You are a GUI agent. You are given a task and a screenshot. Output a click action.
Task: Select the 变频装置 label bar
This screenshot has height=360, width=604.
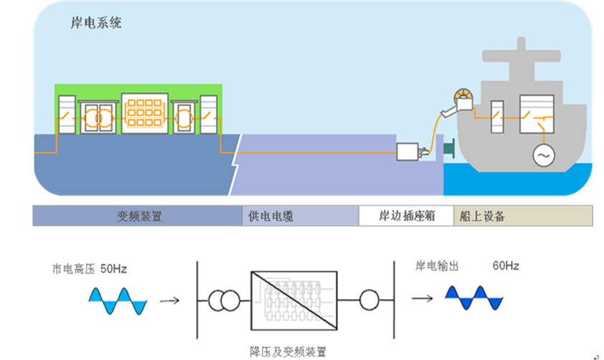coord(138,216)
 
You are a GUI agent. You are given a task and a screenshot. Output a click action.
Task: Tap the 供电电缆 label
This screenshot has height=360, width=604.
coord(270,216)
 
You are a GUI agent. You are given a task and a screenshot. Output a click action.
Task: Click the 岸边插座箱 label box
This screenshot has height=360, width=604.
coord(406,216)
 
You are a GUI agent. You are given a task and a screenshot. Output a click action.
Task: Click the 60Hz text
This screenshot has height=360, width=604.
coord(505,266)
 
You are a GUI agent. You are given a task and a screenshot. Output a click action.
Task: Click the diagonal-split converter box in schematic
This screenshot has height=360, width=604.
coord(294,300)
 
